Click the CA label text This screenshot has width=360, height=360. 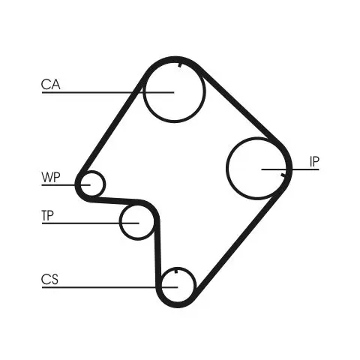[51, 85]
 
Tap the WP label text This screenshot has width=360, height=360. [51, 177]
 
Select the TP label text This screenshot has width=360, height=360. [47, 215]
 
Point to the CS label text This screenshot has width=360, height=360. [49, 280]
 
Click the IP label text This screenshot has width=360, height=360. [314, 161]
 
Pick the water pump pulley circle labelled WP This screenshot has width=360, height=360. [103, 184]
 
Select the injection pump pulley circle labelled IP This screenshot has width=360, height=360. [226, 168]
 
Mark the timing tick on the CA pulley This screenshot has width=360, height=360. [179, 65]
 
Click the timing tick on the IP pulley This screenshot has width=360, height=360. [283, 175]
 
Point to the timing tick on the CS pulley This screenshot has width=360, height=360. [176, 271]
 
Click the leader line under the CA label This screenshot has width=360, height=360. [108, 92]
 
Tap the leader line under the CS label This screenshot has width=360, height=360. [109, 287]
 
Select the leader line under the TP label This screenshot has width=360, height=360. [90, 223]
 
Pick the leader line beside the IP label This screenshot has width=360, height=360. [290, 169]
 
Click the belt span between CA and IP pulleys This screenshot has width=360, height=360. [241, 106]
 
